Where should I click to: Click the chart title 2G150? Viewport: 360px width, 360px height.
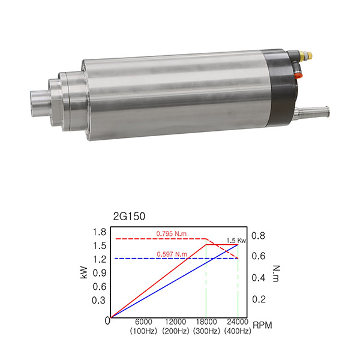(129, 216)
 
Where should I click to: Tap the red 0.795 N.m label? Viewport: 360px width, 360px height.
(171, 234)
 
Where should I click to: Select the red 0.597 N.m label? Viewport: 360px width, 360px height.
(172, 254)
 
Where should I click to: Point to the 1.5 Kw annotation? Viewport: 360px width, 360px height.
(236, 241)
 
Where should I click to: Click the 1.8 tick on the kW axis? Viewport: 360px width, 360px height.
(100, 232)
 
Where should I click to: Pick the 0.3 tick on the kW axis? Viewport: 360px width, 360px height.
(99, 300)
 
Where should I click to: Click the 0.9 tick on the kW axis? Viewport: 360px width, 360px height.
(100, 273)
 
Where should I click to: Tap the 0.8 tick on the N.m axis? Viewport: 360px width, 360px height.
(258, 236)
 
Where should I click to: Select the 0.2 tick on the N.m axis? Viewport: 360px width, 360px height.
(259, 299)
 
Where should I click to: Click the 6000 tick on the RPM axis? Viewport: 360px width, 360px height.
(143, 322)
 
